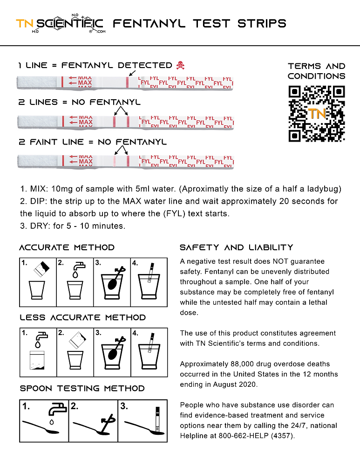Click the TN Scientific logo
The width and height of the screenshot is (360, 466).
tap(61, 24)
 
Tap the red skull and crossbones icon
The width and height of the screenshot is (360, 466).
tap(180, 65)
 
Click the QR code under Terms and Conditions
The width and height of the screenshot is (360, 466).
tap(317, 114)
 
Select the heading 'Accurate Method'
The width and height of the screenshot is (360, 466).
tap(67, 247)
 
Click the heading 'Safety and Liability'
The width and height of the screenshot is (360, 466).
tap(237, 247)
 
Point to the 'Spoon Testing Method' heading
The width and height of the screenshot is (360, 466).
tap(82, 388)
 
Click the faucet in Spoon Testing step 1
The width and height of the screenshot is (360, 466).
tap(57, 410)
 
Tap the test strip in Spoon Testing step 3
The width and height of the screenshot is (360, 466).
tap(158, 415)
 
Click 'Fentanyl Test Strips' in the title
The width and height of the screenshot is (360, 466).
tap(200, 23)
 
